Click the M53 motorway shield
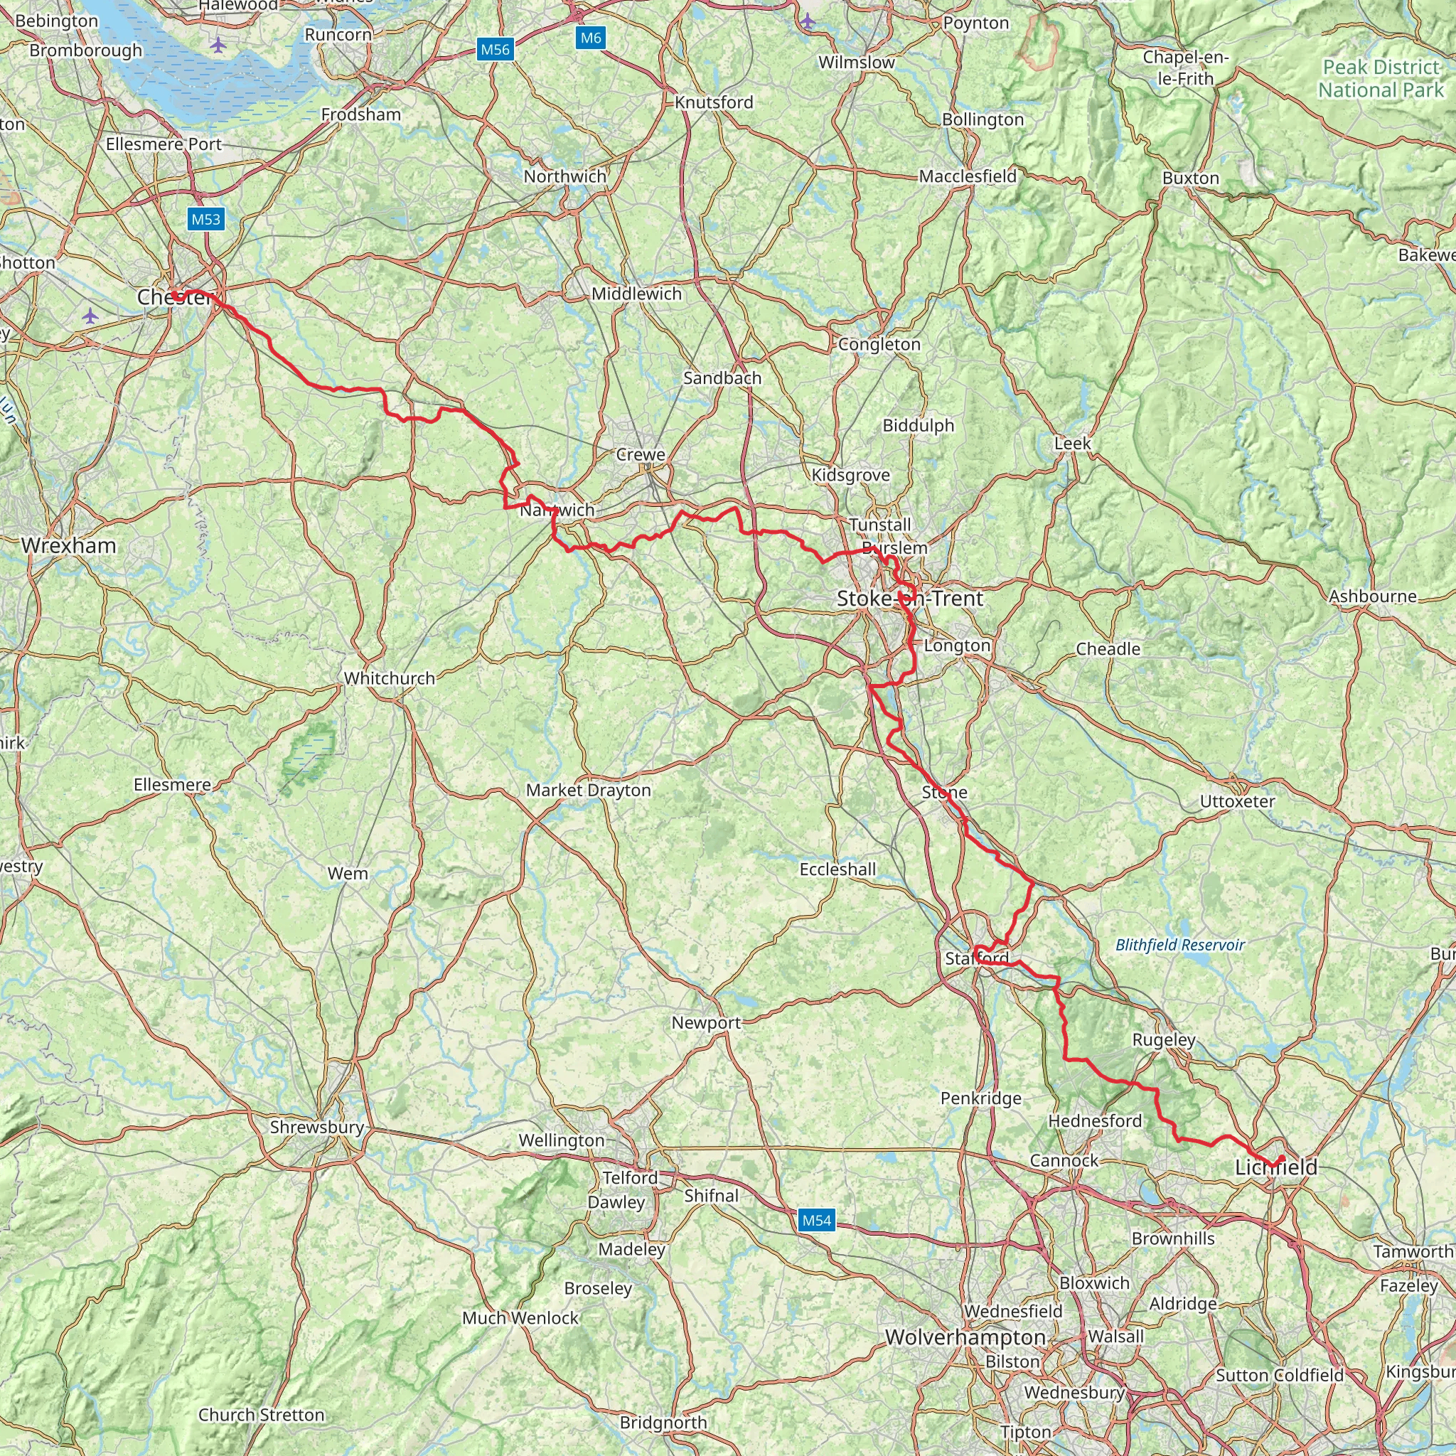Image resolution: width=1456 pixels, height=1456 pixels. pos(205,219)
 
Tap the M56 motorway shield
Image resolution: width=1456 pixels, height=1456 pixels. pos(494,50)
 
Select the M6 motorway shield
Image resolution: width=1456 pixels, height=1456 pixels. pos(591,38)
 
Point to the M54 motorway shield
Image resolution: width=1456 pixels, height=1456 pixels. pos(816,1220)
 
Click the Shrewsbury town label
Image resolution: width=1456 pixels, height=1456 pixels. pos(316,1127)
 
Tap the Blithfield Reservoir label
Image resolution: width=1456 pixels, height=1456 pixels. pos(1179,945)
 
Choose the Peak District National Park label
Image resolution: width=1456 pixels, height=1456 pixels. pos(1381,78)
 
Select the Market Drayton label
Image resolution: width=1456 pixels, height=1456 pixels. pos(588,790)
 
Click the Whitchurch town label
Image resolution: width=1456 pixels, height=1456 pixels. pos(389,678)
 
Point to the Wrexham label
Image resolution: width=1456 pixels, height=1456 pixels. pos(68,545)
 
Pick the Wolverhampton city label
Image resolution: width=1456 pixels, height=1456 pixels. pos(965,1337)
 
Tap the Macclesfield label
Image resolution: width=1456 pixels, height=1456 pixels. pos(967,176)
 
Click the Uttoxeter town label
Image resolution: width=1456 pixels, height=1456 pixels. pos(1237,801)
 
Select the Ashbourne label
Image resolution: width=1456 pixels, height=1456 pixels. pos(1371,596)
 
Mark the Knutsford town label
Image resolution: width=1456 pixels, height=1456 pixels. pos(713,102)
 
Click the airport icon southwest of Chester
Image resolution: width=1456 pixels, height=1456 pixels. pos(90,316)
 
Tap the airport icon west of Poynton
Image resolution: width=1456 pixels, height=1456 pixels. pos(808,21)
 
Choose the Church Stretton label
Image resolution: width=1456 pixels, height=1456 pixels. pos(261,1415)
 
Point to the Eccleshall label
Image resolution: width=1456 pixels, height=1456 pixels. pos(837,869)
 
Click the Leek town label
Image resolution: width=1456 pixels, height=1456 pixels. pos(1071,443)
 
